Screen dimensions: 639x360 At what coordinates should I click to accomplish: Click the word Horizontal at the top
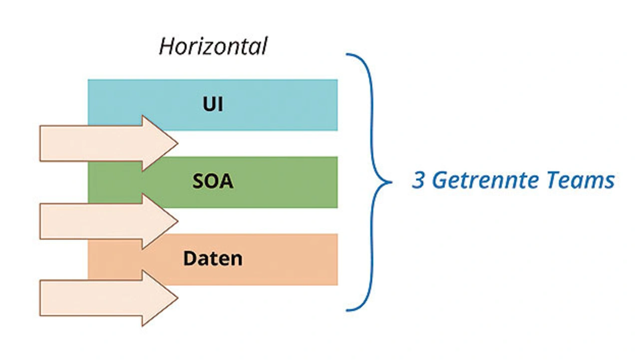click(213, 46)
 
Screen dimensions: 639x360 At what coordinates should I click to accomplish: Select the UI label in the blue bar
click(213, 104)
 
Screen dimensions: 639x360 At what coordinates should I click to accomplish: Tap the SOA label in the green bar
click(213, 181)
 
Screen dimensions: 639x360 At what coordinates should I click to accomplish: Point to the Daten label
click(213, 259)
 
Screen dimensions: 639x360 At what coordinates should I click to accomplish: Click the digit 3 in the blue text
click(418, 180)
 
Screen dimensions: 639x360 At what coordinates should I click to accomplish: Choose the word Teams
click(581, 181)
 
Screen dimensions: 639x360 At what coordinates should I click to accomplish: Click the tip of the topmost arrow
click(178, 143)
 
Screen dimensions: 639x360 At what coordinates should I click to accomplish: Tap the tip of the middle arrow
click(178, 221)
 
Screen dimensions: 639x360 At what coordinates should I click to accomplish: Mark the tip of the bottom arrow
click(178, 298)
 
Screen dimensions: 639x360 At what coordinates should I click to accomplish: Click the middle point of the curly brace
click(391, 182)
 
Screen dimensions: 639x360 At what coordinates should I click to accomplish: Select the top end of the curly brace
click(346, 54)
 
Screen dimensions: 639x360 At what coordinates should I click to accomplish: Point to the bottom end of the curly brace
click(346, 311)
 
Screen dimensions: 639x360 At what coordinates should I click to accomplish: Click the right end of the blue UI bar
click(337, 105)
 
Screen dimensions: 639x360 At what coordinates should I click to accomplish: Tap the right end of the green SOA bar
click(337, 182)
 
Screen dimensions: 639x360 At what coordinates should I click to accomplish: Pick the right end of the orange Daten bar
click(337, 260)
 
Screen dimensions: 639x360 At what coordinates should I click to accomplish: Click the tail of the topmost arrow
click(40, 143)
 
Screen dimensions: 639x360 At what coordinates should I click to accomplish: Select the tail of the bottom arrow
click(40, 298)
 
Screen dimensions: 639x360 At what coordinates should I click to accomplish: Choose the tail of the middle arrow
click(40, 221)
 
